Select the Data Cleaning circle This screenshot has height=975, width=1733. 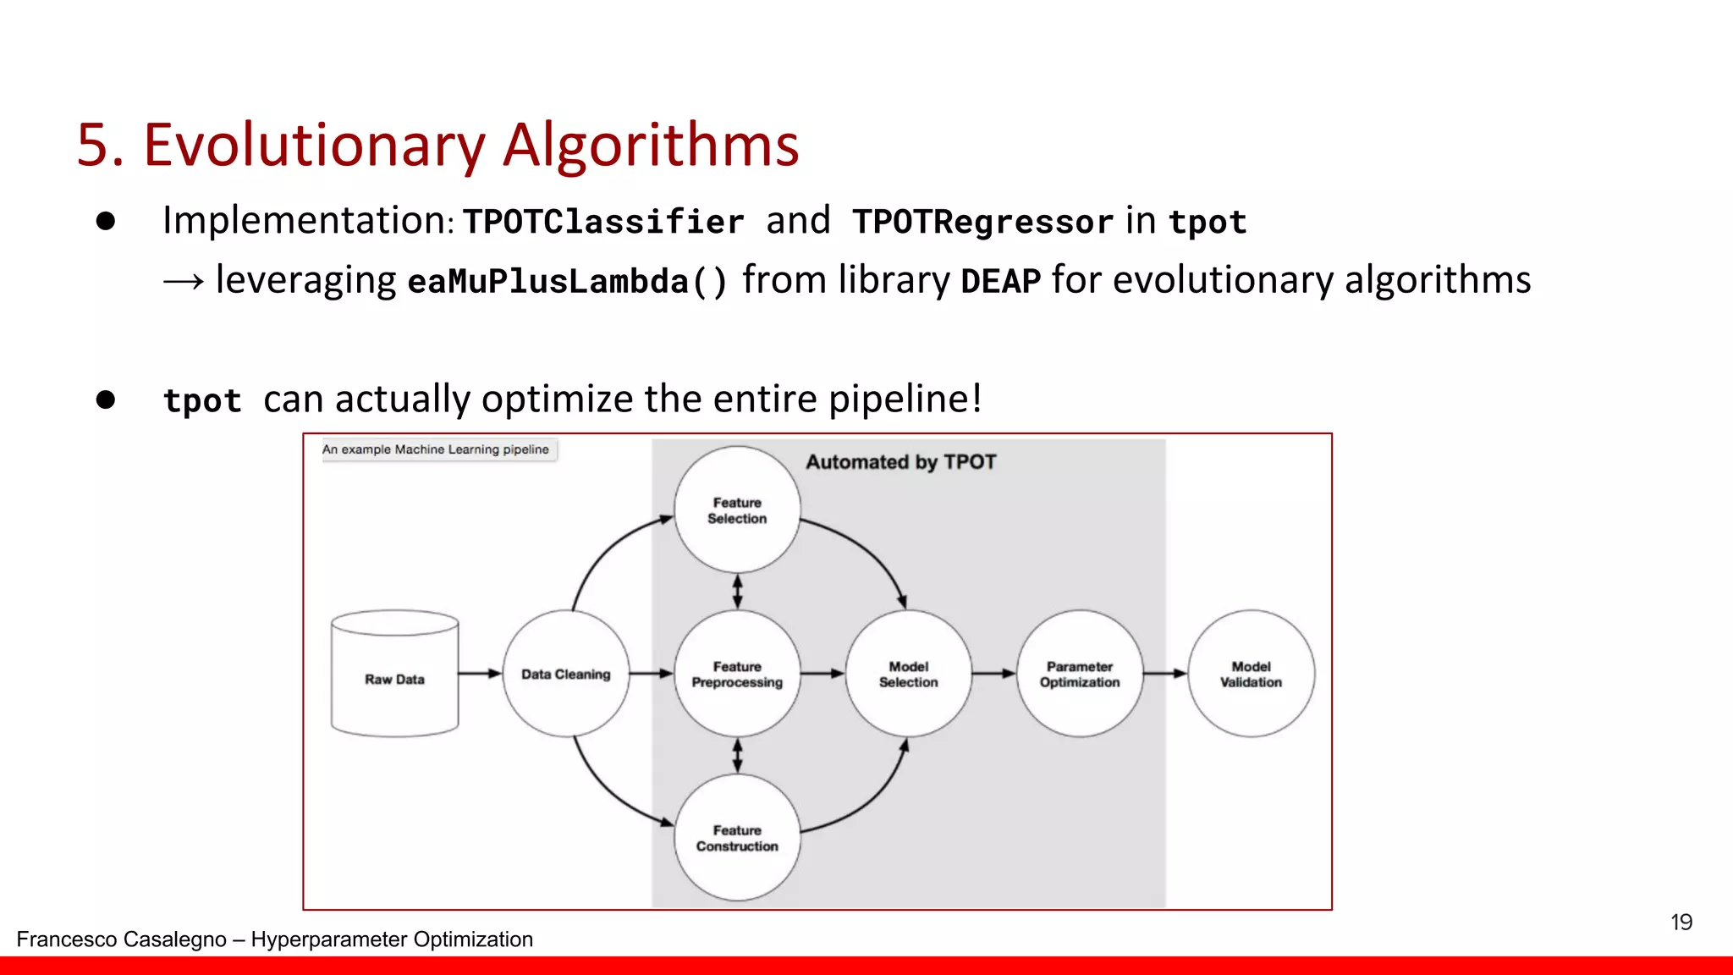pos(566,674)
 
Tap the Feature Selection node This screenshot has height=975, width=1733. pos(737,510)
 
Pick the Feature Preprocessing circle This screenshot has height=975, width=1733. pos(737,674)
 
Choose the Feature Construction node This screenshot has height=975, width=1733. pos(737,838)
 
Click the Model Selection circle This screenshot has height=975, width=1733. pos(908,674)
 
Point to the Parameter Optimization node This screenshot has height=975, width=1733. pos(1080,674)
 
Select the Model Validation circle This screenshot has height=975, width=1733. pos(1251,674)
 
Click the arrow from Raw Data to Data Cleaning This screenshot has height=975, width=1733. pos(481,674)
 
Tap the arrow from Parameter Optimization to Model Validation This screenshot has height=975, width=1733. pos(1165,674)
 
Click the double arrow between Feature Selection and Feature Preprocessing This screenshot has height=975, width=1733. pos(737,592)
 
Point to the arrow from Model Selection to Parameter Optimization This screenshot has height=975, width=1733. pos(993,674)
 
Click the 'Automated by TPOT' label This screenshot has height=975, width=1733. pos(900,462)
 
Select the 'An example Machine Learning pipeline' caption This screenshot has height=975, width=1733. pos(436,449)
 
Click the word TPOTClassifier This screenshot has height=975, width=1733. pos(603,222)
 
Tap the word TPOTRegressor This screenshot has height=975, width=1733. pos(982,222)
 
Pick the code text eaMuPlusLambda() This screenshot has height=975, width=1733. pos(567,281)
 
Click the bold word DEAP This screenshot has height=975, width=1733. pos(1000,281)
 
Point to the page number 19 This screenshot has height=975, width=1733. pos(1681,922)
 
